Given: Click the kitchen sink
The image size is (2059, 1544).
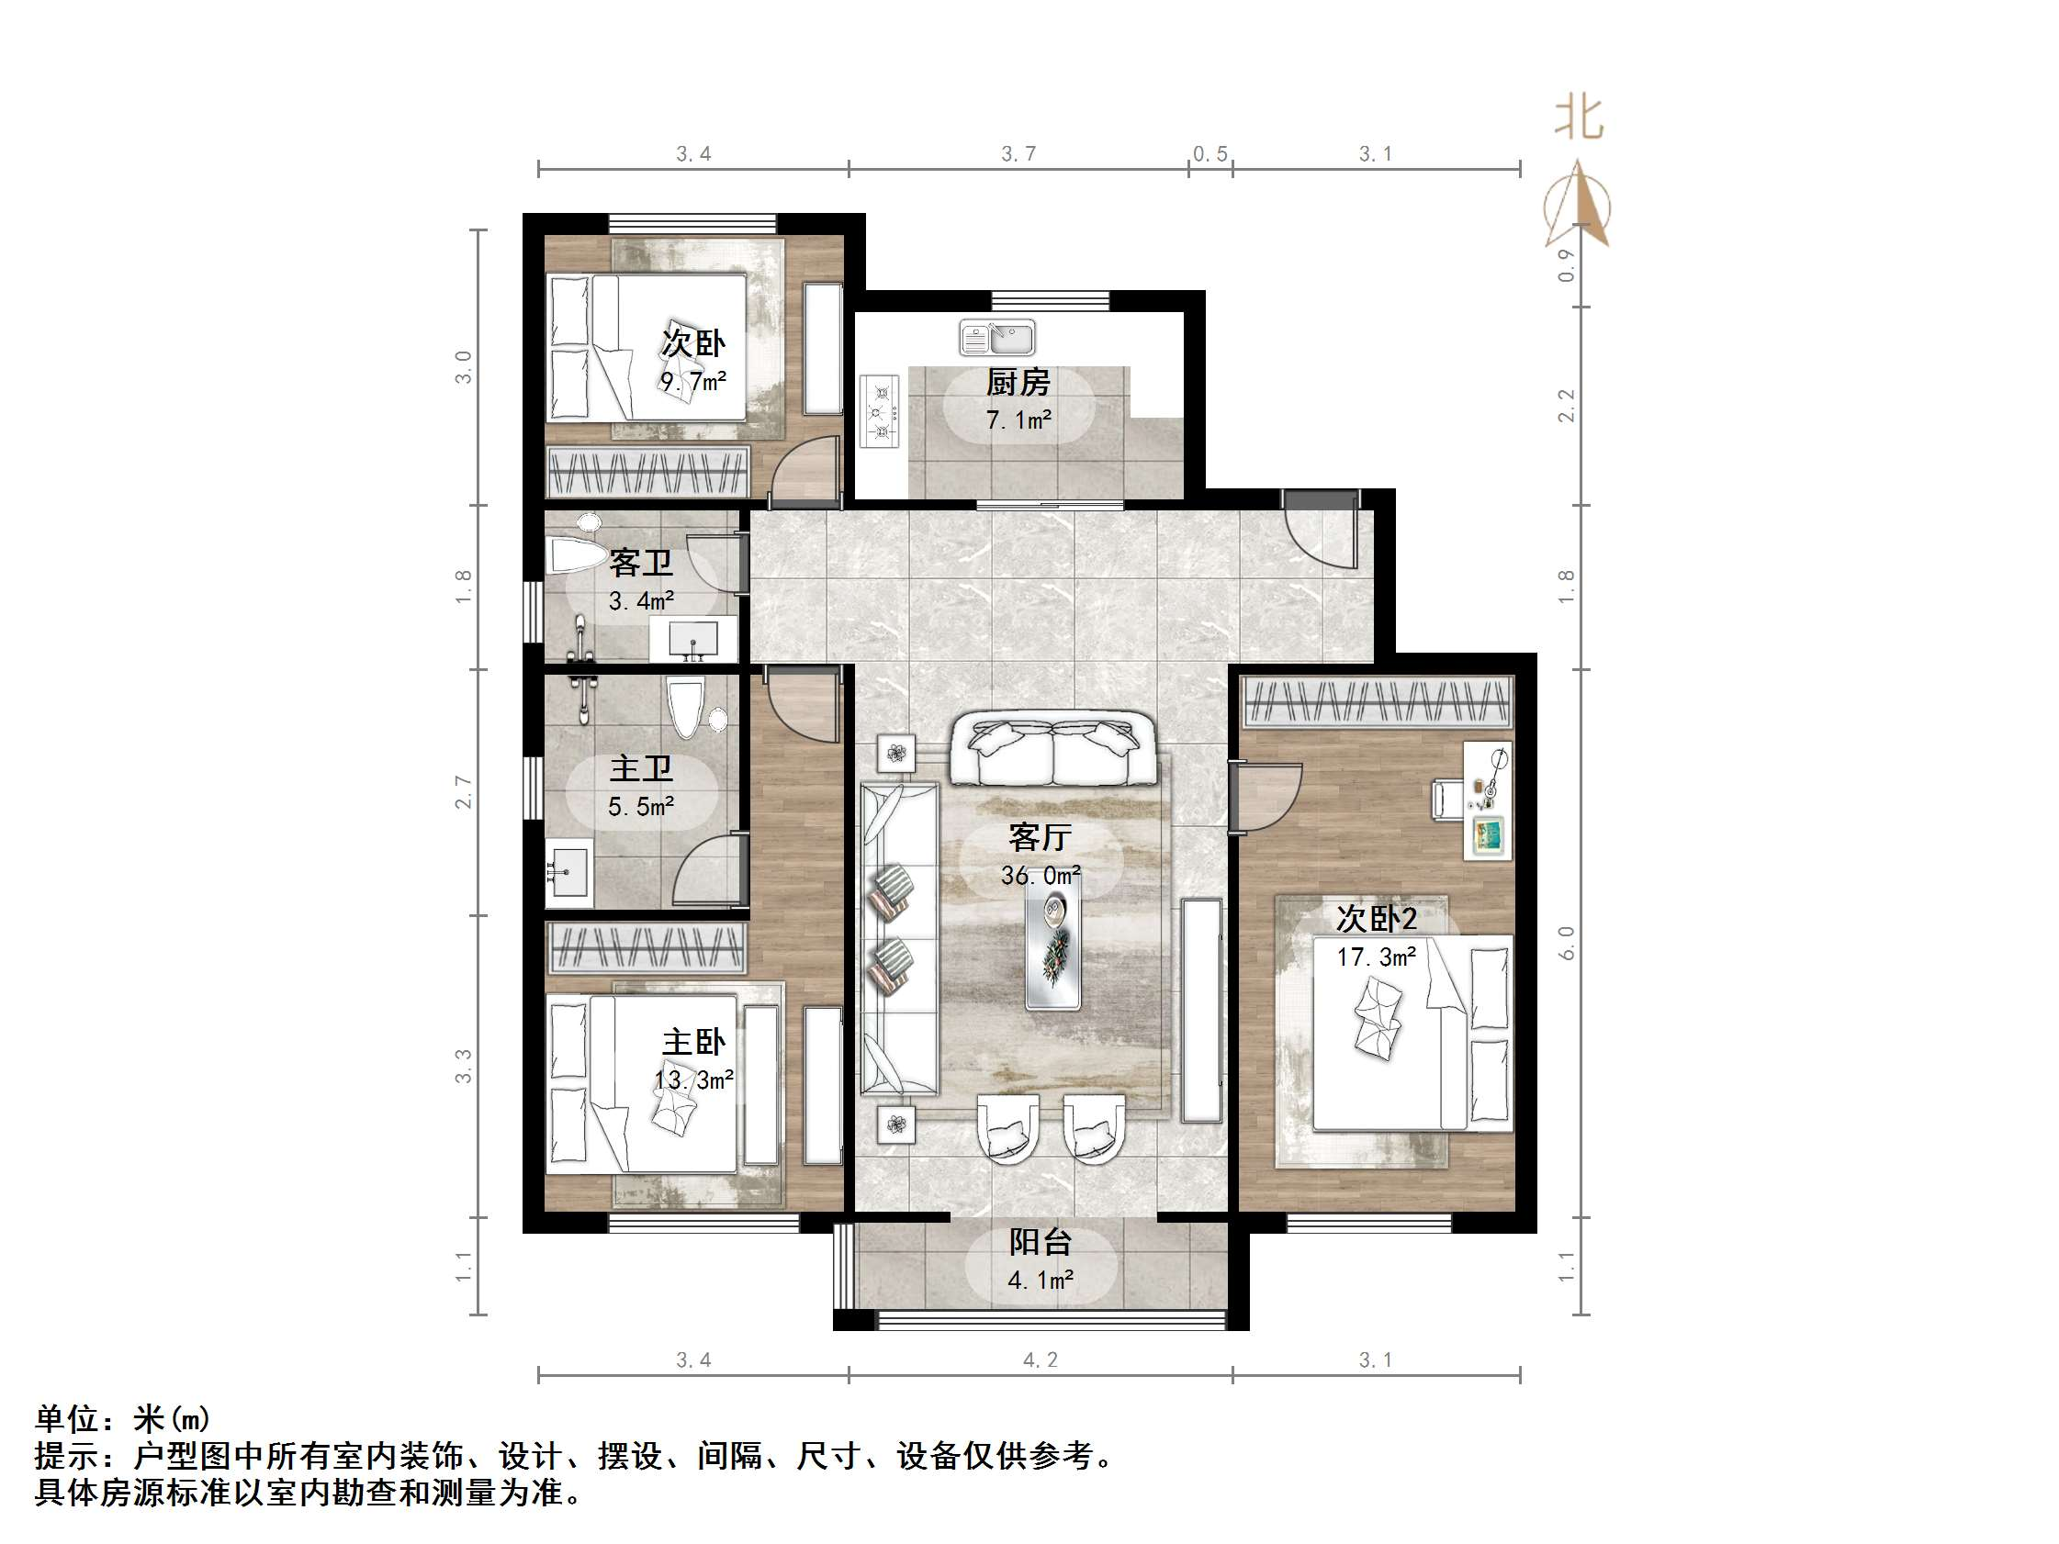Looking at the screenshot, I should tap(997, 338).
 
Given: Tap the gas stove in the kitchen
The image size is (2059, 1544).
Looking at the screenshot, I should tap(880, 412).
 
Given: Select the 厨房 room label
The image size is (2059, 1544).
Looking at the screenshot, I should tap(1018, 382).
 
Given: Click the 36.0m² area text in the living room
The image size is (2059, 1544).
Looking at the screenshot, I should tap(1040, 875).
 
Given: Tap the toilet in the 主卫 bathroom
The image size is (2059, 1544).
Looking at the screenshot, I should tap(686, 708).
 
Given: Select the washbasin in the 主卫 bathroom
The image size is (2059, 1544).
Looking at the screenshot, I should tap(568, 871).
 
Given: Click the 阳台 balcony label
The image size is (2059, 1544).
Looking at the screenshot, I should tap(1040, 1241).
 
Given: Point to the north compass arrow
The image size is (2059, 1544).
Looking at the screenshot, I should tap(1577, 205).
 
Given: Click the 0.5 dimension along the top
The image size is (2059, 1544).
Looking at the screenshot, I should tap(1210, 154).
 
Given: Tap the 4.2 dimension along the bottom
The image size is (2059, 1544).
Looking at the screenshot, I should tap(1040, 1359).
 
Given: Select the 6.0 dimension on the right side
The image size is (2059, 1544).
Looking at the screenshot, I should tap(1566, 942).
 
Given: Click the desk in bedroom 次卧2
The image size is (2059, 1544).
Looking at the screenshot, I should tap(1488, 800).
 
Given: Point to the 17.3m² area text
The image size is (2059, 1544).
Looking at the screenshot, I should tap(1376, 957).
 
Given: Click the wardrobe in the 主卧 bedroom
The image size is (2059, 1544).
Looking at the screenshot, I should tap(647, 947).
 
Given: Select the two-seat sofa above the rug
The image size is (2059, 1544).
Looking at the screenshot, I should tap(1052, 749).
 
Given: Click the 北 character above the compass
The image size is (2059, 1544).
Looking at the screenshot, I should tap(1579, 119).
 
